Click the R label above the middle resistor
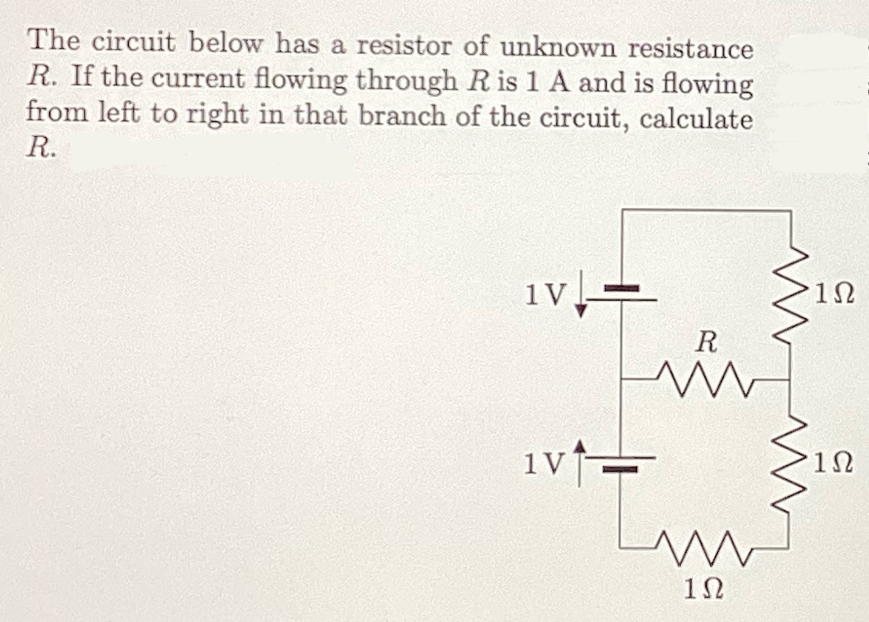706,343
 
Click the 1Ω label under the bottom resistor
704,588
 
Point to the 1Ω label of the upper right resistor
836,295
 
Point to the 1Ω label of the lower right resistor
836,465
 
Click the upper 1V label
544,295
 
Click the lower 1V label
543,465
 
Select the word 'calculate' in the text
696,118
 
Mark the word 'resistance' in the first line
690,49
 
